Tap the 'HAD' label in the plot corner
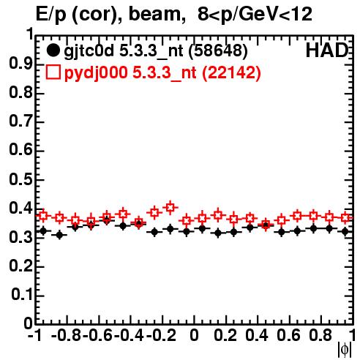pos(326,50)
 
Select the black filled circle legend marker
pos(53,50)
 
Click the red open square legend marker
pos(53,72)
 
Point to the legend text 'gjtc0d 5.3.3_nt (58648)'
pos(156,51)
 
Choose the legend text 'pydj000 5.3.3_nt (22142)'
pos(162,73)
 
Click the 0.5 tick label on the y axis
pos(20,179)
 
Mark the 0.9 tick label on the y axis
pos(20,64)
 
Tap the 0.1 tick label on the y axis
pos(21,295)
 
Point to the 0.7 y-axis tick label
pos(20,121)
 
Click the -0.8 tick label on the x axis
pos(67,336)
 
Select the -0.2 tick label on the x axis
pos(161,336)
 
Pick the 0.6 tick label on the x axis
pos(289,336)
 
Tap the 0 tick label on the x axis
pos(194,336)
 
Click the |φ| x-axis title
pos(345,350)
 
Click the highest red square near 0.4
pos(170,208)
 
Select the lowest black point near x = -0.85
pos(59,235)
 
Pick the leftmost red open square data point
pos(43,216)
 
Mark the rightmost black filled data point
pos(345,231)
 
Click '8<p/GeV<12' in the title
pos(255,14)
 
